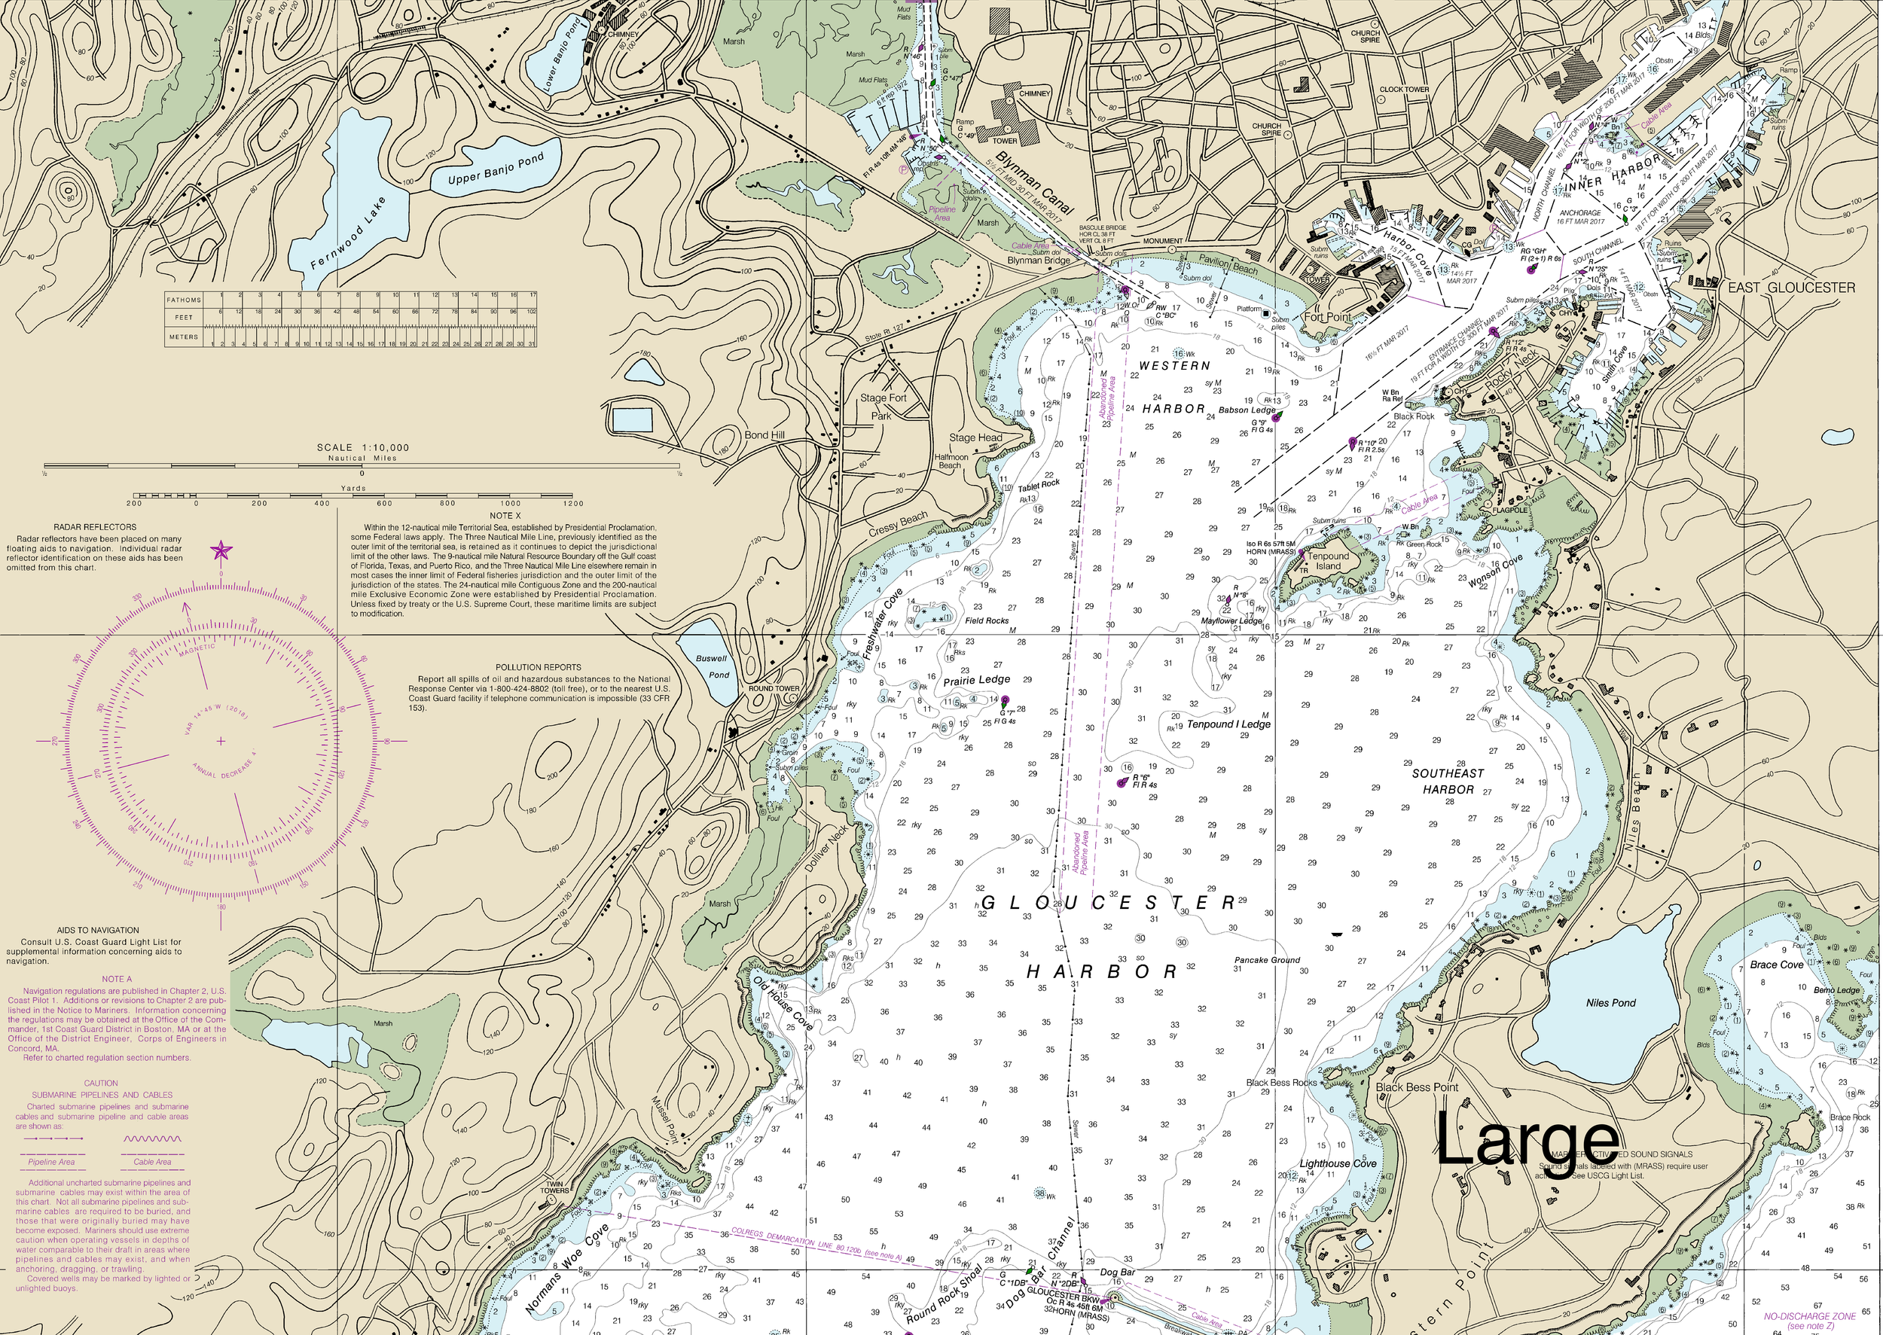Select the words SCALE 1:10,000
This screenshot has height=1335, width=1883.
point(362,448)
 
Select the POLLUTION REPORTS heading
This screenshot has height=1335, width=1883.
point(538,667)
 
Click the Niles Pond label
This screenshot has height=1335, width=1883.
point(1610,1003)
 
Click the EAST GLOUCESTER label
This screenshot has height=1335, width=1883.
point(1790,288)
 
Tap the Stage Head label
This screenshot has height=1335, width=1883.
point(975,438)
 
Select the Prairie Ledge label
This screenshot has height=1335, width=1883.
point(976,680)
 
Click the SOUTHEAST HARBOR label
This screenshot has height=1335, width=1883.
point(1448,781)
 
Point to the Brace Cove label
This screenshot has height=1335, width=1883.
point(1776,965)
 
